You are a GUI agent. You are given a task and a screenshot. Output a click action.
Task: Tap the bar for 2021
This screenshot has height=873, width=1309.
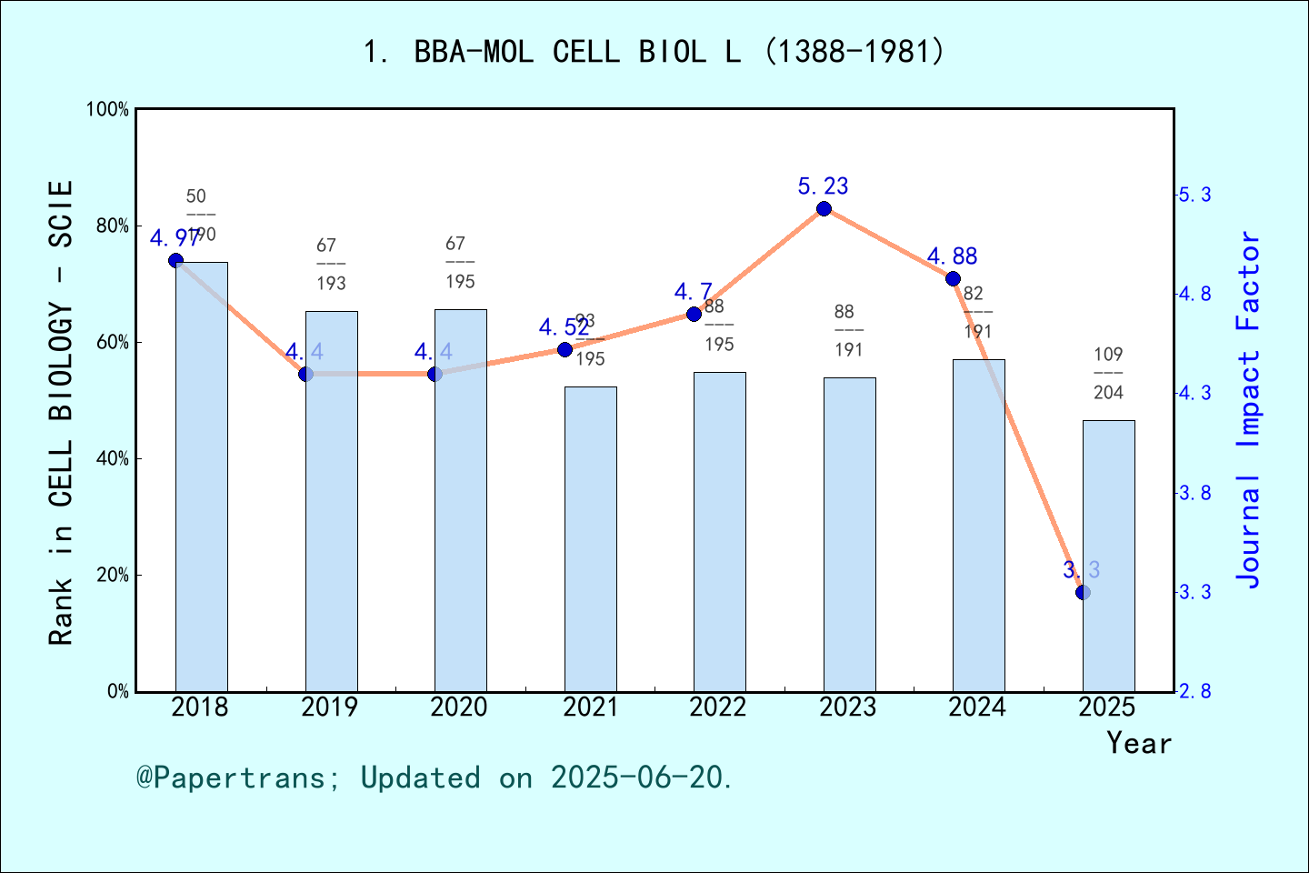590,538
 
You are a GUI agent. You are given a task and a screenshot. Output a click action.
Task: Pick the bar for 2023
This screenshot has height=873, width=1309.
849,534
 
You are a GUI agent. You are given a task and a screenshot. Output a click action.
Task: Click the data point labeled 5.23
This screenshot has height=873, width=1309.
824,208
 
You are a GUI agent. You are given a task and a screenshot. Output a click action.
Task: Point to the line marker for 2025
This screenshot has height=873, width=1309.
1083,592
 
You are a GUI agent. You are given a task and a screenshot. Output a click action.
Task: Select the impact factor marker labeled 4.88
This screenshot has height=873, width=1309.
953,278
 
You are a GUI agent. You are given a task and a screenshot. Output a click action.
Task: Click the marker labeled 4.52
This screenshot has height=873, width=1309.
565,349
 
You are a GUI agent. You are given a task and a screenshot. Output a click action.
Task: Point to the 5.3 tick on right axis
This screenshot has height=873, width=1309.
1194,195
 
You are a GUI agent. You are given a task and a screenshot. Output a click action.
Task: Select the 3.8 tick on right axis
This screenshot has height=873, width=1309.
1194,493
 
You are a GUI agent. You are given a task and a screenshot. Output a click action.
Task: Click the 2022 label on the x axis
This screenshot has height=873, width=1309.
718,707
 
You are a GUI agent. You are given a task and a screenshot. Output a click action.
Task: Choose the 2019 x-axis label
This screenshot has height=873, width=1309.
330,707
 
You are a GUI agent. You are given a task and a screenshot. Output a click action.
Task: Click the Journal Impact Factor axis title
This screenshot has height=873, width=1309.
1249,409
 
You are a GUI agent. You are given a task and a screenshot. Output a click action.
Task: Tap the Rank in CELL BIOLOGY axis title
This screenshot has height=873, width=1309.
60,413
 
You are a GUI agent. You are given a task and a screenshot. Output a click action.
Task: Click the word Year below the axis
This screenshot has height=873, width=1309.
1138,743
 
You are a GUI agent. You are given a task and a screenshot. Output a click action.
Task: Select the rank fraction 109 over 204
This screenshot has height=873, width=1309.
1108,373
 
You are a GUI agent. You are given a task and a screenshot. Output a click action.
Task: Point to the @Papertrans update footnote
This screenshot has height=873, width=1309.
435,778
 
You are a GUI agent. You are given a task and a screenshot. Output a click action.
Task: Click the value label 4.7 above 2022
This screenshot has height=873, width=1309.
693,292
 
